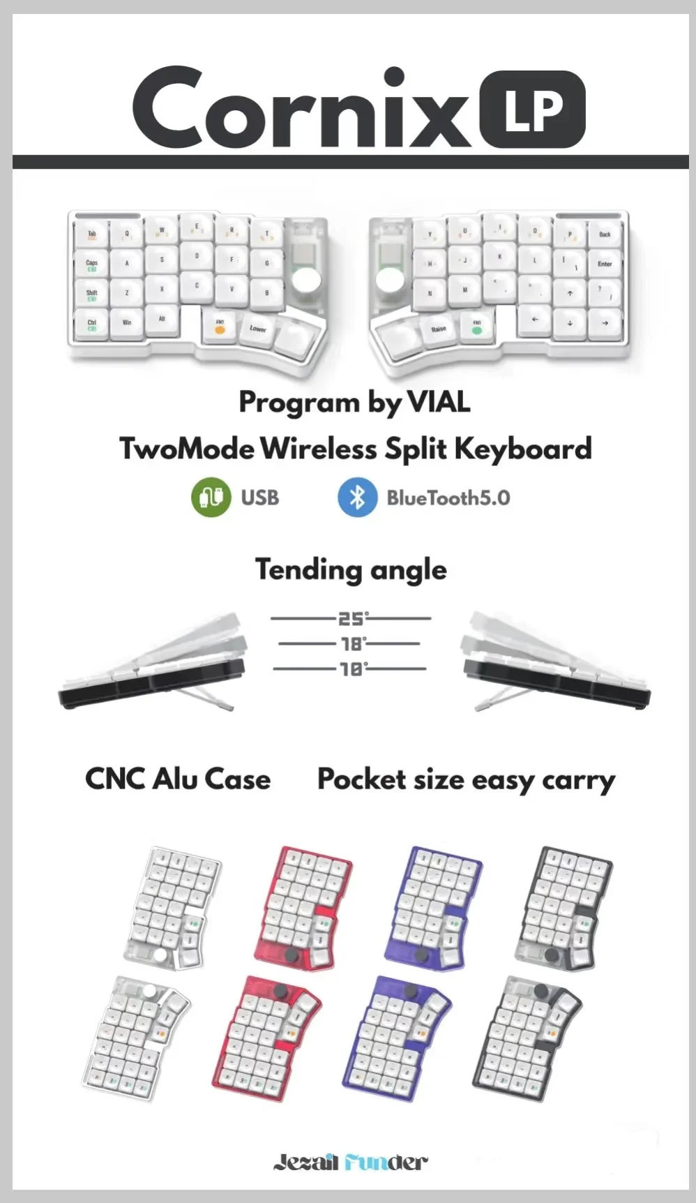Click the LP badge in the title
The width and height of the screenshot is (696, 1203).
533,110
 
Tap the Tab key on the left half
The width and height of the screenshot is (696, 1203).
92,236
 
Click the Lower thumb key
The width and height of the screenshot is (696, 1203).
258,329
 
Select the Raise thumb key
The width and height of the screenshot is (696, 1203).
439,329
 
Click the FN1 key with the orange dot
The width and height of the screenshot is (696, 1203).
220,326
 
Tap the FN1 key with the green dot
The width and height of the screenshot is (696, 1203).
477,326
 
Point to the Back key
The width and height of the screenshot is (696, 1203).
605,235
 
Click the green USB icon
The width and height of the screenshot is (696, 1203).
211,497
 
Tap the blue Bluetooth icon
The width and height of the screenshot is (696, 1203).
357,497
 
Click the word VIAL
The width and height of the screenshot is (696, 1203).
438,402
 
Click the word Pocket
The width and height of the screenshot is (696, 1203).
361,779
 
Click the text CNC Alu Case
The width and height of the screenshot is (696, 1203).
178,779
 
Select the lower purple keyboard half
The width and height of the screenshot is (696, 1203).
398,1038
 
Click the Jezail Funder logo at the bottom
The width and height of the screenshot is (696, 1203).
349,1162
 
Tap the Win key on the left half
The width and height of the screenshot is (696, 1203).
127,323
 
